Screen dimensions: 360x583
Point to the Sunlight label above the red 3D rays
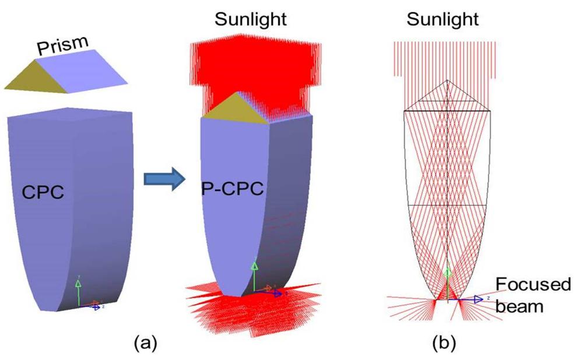250,19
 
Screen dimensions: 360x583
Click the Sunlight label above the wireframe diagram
442,19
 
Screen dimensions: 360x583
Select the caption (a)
145,343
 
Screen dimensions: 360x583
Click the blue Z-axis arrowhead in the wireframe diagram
479,299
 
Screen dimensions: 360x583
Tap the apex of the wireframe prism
446,80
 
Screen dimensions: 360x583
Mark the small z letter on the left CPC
103,305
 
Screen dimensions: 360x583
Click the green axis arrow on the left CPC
78,285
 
